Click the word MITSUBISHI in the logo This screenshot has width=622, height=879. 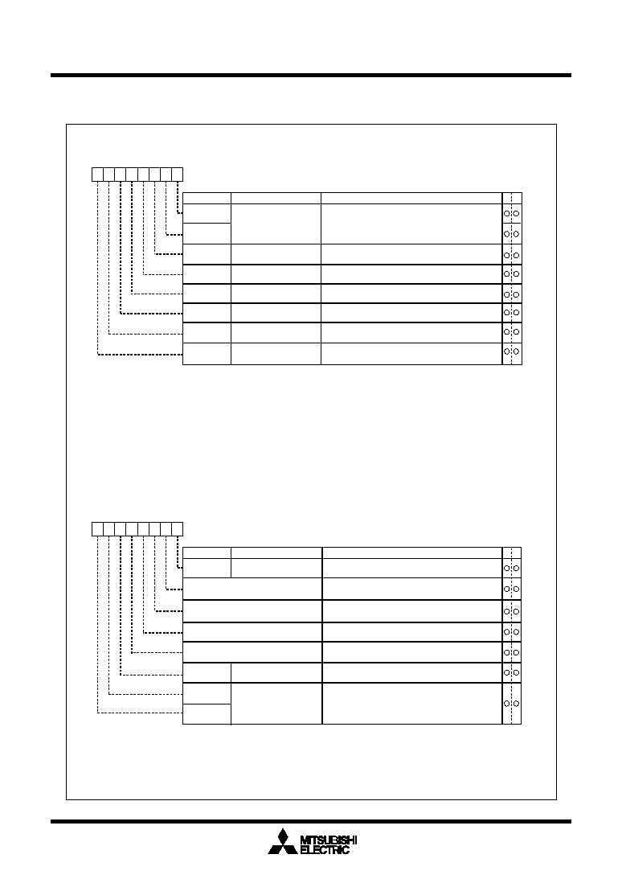(x=329, y=840)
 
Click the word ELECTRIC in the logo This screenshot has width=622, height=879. (x=325, y=850)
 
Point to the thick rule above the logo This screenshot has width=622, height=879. (x=311, y=821)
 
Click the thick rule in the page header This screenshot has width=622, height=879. (x=311, y=75)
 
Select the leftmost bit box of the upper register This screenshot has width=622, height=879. (x=97, y=175)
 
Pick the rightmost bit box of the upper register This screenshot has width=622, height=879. (x=177, y=175)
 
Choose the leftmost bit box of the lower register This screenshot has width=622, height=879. (x=97, y=528)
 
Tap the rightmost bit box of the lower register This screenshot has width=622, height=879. (x=177, y=528)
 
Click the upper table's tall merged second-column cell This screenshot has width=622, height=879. (x=276, y=224)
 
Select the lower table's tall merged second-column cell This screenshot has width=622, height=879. (x=276, y=704)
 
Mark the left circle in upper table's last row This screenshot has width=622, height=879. (x=507, y=351)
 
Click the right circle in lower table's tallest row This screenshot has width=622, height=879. (x=516, y=704)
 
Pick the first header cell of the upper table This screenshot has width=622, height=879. (x=207, y=198)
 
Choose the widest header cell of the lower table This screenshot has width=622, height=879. (x=412, y=552)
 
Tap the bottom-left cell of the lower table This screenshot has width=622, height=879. (x=207, y=714)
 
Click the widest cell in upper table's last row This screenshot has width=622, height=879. (x=411, y=354)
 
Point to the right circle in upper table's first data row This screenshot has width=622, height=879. (x=516, y=214)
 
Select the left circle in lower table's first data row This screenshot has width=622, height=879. (x=507, y=568)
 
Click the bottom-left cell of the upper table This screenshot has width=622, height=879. (x=207, y=354)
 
